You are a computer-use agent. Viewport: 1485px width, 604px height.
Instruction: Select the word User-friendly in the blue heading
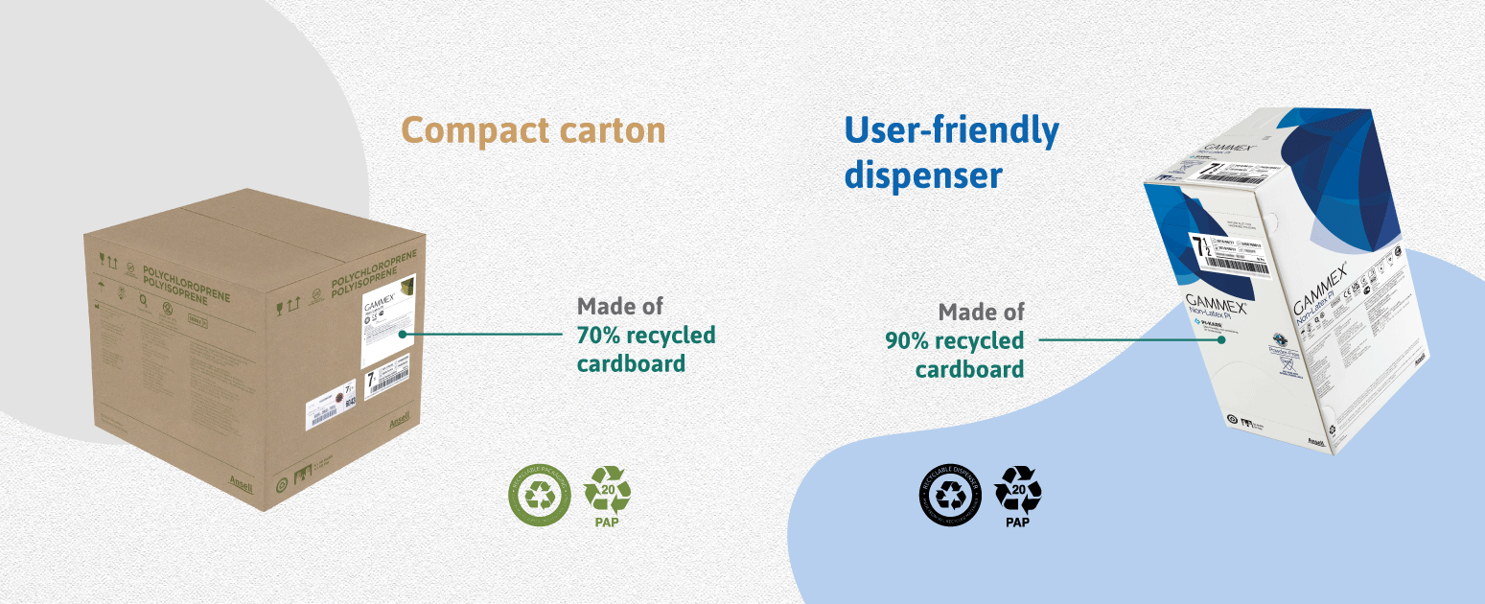tap(951, 130)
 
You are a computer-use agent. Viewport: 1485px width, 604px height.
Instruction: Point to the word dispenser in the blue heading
tap(923, 174)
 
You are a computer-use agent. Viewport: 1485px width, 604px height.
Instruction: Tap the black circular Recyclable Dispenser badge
tap(951, 494)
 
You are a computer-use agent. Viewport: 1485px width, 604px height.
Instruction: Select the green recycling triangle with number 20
tap(608, 489)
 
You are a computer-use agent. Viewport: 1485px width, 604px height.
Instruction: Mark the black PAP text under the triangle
tap(1017, 523)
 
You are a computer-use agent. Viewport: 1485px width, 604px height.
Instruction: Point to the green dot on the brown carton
tap(404, 335)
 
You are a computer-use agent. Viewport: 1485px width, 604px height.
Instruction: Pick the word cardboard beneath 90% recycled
tap(969, 369)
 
